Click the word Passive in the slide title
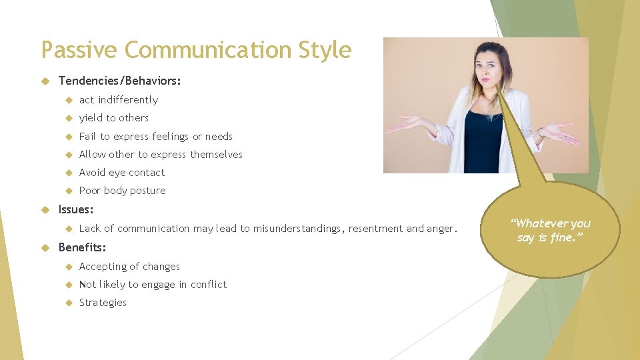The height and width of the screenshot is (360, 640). [79, 51]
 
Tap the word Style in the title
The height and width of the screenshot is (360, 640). [325, 51]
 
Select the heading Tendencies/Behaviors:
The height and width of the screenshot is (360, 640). [120, 81]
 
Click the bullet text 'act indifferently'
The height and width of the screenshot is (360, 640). [119, 100]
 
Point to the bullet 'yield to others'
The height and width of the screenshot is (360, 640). [114, 118]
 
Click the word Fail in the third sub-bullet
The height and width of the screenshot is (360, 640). [87, 137]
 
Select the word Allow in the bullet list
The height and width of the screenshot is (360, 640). [92, 155]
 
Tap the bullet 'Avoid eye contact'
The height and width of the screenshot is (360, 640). [122, 173]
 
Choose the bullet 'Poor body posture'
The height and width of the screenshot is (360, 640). [123, 191]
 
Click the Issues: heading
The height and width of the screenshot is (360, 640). [76, 210]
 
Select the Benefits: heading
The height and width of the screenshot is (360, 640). [83, 248]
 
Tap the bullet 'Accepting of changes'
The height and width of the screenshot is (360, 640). [129, 267]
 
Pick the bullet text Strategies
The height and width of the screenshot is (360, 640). [103, 303]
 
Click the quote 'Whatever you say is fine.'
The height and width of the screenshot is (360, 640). [551, 230]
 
